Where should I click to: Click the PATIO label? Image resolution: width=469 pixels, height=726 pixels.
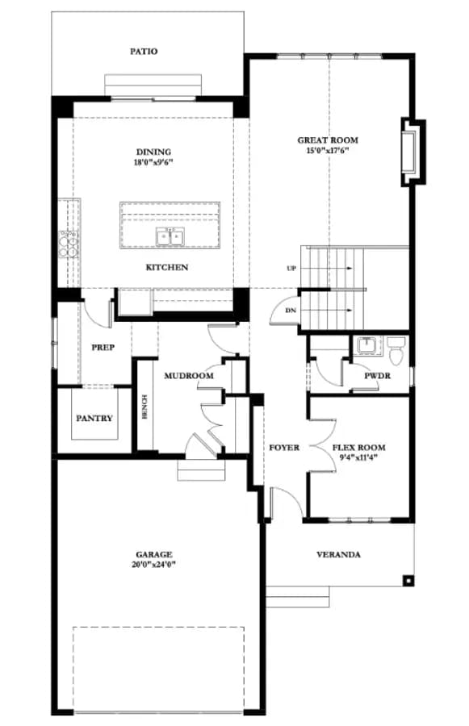144,52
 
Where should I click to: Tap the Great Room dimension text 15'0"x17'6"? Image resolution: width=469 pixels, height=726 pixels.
327,151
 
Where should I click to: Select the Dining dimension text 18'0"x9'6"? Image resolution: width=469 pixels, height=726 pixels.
153,162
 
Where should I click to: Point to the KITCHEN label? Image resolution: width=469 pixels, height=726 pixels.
167,267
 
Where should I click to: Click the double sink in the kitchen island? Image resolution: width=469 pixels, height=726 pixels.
170,237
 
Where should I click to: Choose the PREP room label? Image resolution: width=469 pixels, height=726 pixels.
103,347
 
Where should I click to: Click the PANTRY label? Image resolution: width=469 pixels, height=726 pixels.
94,418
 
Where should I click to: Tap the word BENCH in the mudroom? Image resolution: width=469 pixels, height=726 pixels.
144,407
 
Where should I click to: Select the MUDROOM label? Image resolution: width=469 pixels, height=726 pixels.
189,375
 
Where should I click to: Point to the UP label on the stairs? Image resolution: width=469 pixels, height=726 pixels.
291,269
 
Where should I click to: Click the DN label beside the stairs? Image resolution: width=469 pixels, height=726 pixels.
291,311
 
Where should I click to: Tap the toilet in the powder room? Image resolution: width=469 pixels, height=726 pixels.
396,351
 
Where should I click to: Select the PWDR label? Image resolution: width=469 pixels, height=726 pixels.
377,375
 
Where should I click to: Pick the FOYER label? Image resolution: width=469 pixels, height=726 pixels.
284,448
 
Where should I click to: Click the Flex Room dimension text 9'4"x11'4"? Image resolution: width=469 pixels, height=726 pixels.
358,458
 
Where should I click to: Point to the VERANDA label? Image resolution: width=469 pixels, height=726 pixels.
338,554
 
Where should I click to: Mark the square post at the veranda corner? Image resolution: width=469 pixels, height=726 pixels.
408,580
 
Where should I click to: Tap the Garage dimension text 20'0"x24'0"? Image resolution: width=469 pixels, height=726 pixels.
154,565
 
